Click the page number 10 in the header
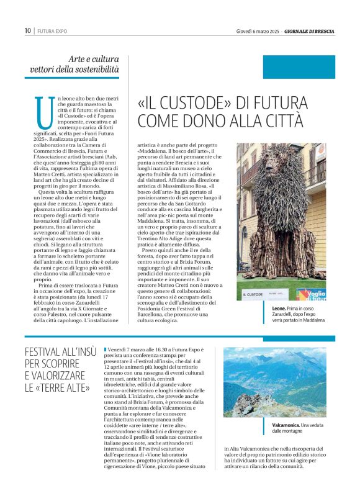tap(27, 30)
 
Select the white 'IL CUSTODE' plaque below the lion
tap(254, 294)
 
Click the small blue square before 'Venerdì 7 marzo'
tap(106, 350)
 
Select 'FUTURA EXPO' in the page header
tap(52, 30)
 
